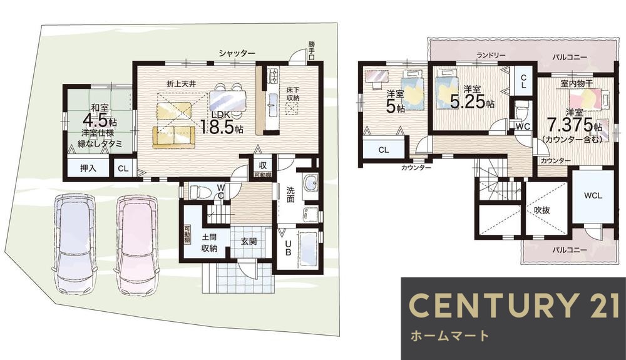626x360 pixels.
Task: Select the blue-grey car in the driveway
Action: coord(74,244)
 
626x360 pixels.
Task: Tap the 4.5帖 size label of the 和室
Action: coord(99,119)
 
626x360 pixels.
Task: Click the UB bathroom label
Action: coord(287,249)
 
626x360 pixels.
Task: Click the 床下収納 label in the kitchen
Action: coord(293,94)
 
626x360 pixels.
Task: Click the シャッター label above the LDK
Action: coord(237,54)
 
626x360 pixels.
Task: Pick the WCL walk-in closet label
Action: coord(593,195)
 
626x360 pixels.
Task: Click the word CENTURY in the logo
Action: coord(491,306)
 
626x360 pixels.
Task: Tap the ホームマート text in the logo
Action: coord(449,336)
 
